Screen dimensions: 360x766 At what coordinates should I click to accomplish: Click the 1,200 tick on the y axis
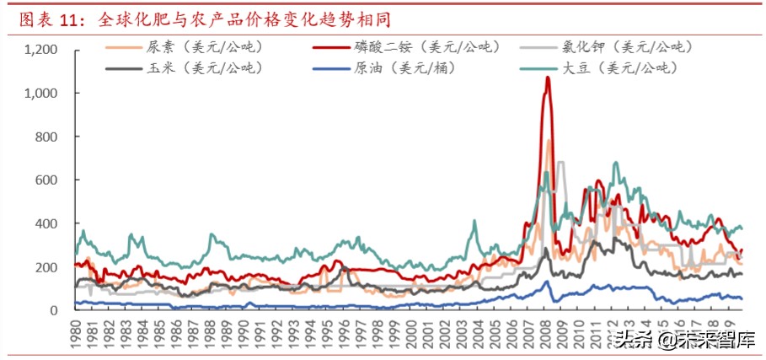[x=40, y=50]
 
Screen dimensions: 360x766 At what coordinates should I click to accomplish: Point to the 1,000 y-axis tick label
[x=40, y=94]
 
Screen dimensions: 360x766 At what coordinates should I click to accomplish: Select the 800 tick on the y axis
[x=46, y=137]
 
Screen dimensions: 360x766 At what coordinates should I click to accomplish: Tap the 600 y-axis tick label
[x=46, y=180]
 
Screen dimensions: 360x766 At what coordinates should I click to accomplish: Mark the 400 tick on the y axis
[x=46, y=223]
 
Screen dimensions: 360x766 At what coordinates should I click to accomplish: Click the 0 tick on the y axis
[x=52, y=310]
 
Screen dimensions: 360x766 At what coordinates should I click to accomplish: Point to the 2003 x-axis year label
[x=469, y=332]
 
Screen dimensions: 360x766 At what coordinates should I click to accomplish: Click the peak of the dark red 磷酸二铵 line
[x=548, y=78]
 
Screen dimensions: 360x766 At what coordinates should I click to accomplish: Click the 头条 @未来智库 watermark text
[x=683, y=341]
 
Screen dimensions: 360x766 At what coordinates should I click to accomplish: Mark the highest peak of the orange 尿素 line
[x=550, y=141]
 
